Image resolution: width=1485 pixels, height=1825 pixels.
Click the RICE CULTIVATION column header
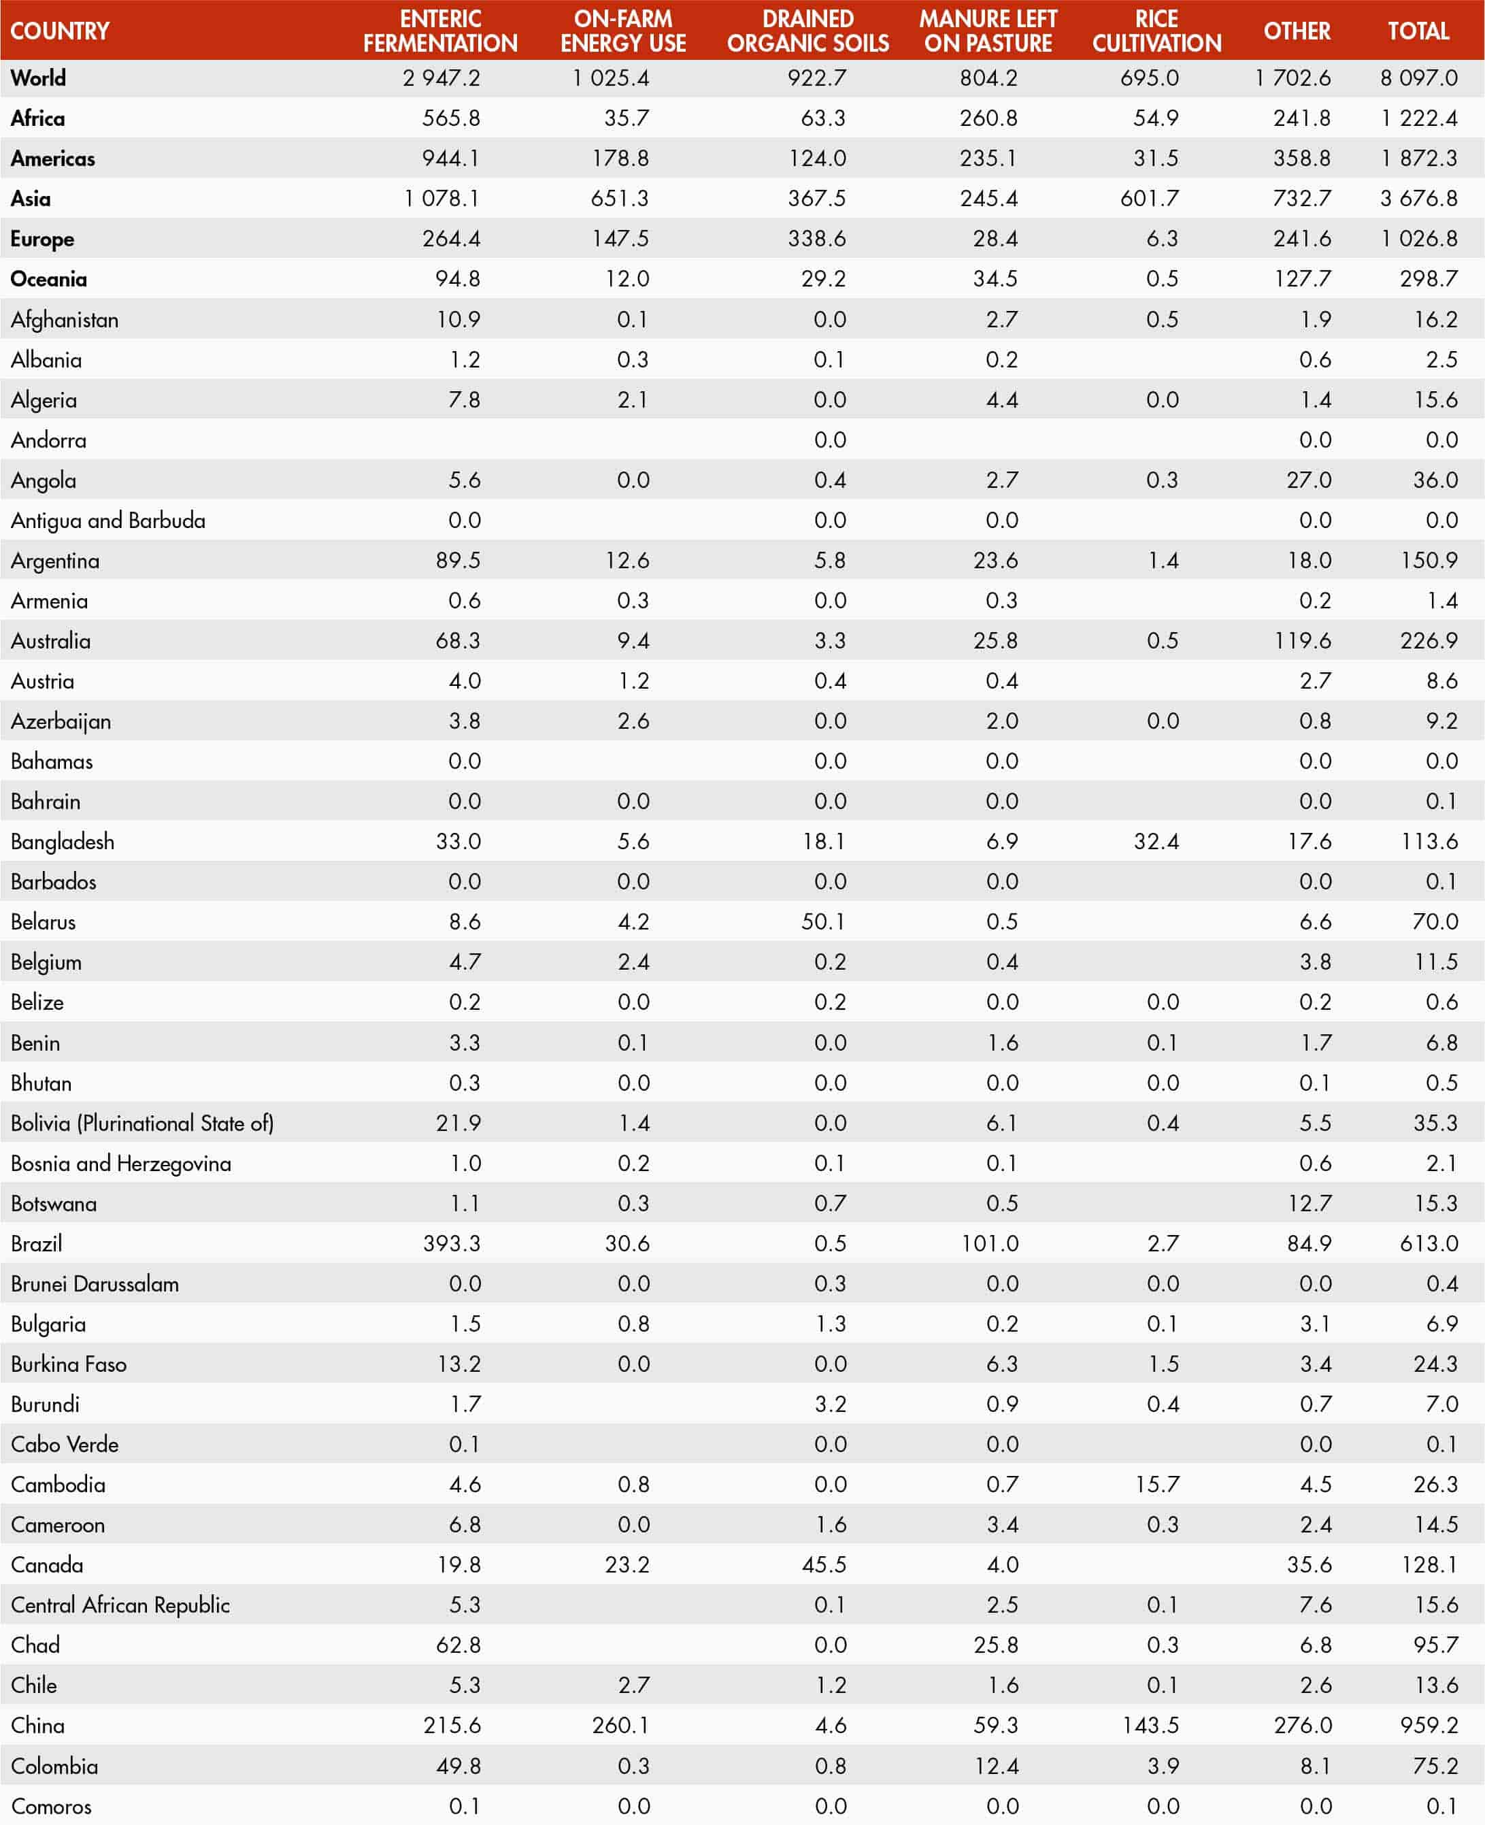tap(1156, 31)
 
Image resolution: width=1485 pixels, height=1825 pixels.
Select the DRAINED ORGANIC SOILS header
tap(807, 31)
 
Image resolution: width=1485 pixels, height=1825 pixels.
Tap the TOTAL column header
tap(1418, 31)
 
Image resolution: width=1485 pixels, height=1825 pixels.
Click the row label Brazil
tap(37, 1243)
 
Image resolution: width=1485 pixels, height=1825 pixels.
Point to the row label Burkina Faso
tap(69, 1364)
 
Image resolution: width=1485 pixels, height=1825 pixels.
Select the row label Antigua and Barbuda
tap(107, 520)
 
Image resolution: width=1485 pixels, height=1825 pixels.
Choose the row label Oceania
tap(49, 279)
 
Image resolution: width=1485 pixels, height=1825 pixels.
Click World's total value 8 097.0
tap(1418, 78)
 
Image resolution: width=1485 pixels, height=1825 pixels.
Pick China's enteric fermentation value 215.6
tap(452, 1725)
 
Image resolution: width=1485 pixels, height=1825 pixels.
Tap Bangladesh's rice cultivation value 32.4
tap(1156, 841)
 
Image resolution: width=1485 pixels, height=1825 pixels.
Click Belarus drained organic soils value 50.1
tap(823, 921)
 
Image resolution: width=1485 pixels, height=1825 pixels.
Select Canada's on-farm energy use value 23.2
tap(627, 1564)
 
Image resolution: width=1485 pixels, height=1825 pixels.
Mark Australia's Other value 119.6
tap(1302, 641)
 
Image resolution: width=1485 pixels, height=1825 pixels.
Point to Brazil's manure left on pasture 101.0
tap(990, 1243)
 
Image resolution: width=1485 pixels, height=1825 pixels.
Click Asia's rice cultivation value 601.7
tap(1149, 199)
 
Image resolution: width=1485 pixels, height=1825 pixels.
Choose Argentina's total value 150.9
tap(1429, 561)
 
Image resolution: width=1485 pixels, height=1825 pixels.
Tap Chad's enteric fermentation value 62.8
tap(458, 1645)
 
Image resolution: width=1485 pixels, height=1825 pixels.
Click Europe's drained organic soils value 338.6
tap(816, 239)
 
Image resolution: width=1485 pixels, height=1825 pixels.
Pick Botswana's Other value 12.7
tap(1309, 1203)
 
